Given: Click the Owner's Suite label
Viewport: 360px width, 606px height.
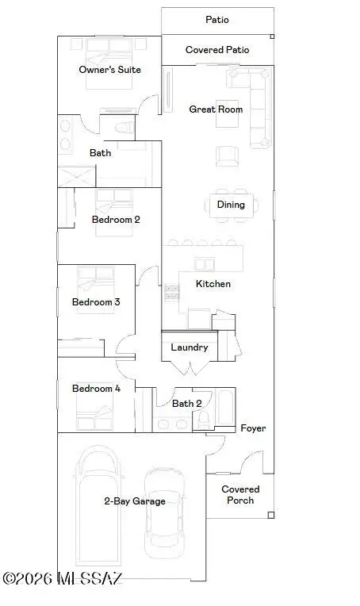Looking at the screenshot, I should pyautogui.click(x=109, y=70).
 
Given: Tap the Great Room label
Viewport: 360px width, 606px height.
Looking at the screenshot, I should pyautogui.click(x=216, y=109).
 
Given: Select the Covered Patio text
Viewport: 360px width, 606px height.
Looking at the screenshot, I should pyautogui.click(x=217, y=50).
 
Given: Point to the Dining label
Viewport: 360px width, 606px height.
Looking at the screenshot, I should pyautogui.click(x=231, y=205).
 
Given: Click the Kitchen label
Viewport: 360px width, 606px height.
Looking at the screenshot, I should pyautogui.click(x=213, y=284).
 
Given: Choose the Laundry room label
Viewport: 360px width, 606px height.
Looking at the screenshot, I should pyautogui.click(x=190, y=347).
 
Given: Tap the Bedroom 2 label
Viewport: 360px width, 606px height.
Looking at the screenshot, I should pyautogui.click(x=116, y=220).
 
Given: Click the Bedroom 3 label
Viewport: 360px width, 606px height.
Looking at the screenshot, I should pyautogui.click(x=96, y=302).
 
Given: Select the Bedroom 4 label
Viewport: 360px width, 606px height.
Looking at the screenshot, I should pyautogui.click(x=96, y=389).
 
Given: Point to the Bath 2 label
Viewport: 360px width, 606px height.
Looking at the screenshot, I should pyautogui.click(x=187, y=404).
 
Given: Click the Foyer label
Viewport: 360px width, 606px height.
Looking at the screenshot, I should pyautogui.click(x=253, y=428).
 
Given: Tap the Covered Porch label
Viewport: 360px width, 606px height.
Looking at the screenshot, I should pyautogui.click(x=240, y=495).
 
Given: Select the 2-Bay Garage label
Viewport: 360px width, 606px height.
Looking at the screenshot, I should pyautogui.click(x=135, y=501).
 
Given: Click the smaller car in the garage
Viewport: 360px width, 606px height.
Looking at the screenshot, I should pyautogui.click(x=165, y=512).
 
